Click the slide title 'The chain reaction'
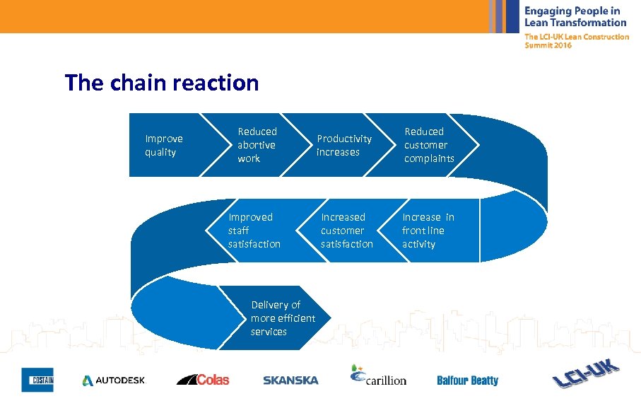click(x=162, y=83)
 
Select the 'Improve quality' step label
click(x=163, y=145)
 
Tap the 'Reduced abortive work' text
click(x=257, y=145)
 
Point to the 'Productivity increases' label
click(x=343, y=145)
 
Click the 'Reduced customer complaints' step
click(x=429, y=145)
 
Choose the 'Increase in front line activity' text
click(x=428, y=231)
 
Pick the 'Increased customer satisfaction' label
click(x=346, y=231)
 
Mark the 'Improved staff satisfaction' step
click(x=254, y=231)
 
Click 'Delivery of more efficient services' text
click(x=282, y=318)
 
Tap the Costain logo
click(x=37, y=380)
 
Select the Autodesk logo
click(x=113, y=380)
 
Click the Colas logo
click(x=203, y=380)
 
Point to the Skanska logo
click(x=290, y=380)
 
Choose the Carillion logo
click(x=378, y=376)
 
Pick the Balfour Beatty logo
click(x=467, y=380)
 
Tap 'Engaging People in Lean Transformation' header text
click(x=575, y=16)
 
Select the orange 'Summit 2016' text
click(x=548, y=45)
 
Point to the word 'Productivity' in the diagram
click(x=343, y=139)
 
